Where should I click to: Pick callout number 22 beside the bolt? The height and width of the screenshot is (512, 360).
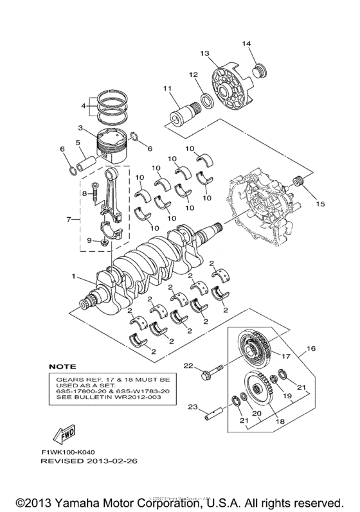click(x=188, y=366)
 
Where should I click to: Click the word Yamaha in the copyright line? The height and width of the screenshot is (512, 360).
click(x=80, y=500)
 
